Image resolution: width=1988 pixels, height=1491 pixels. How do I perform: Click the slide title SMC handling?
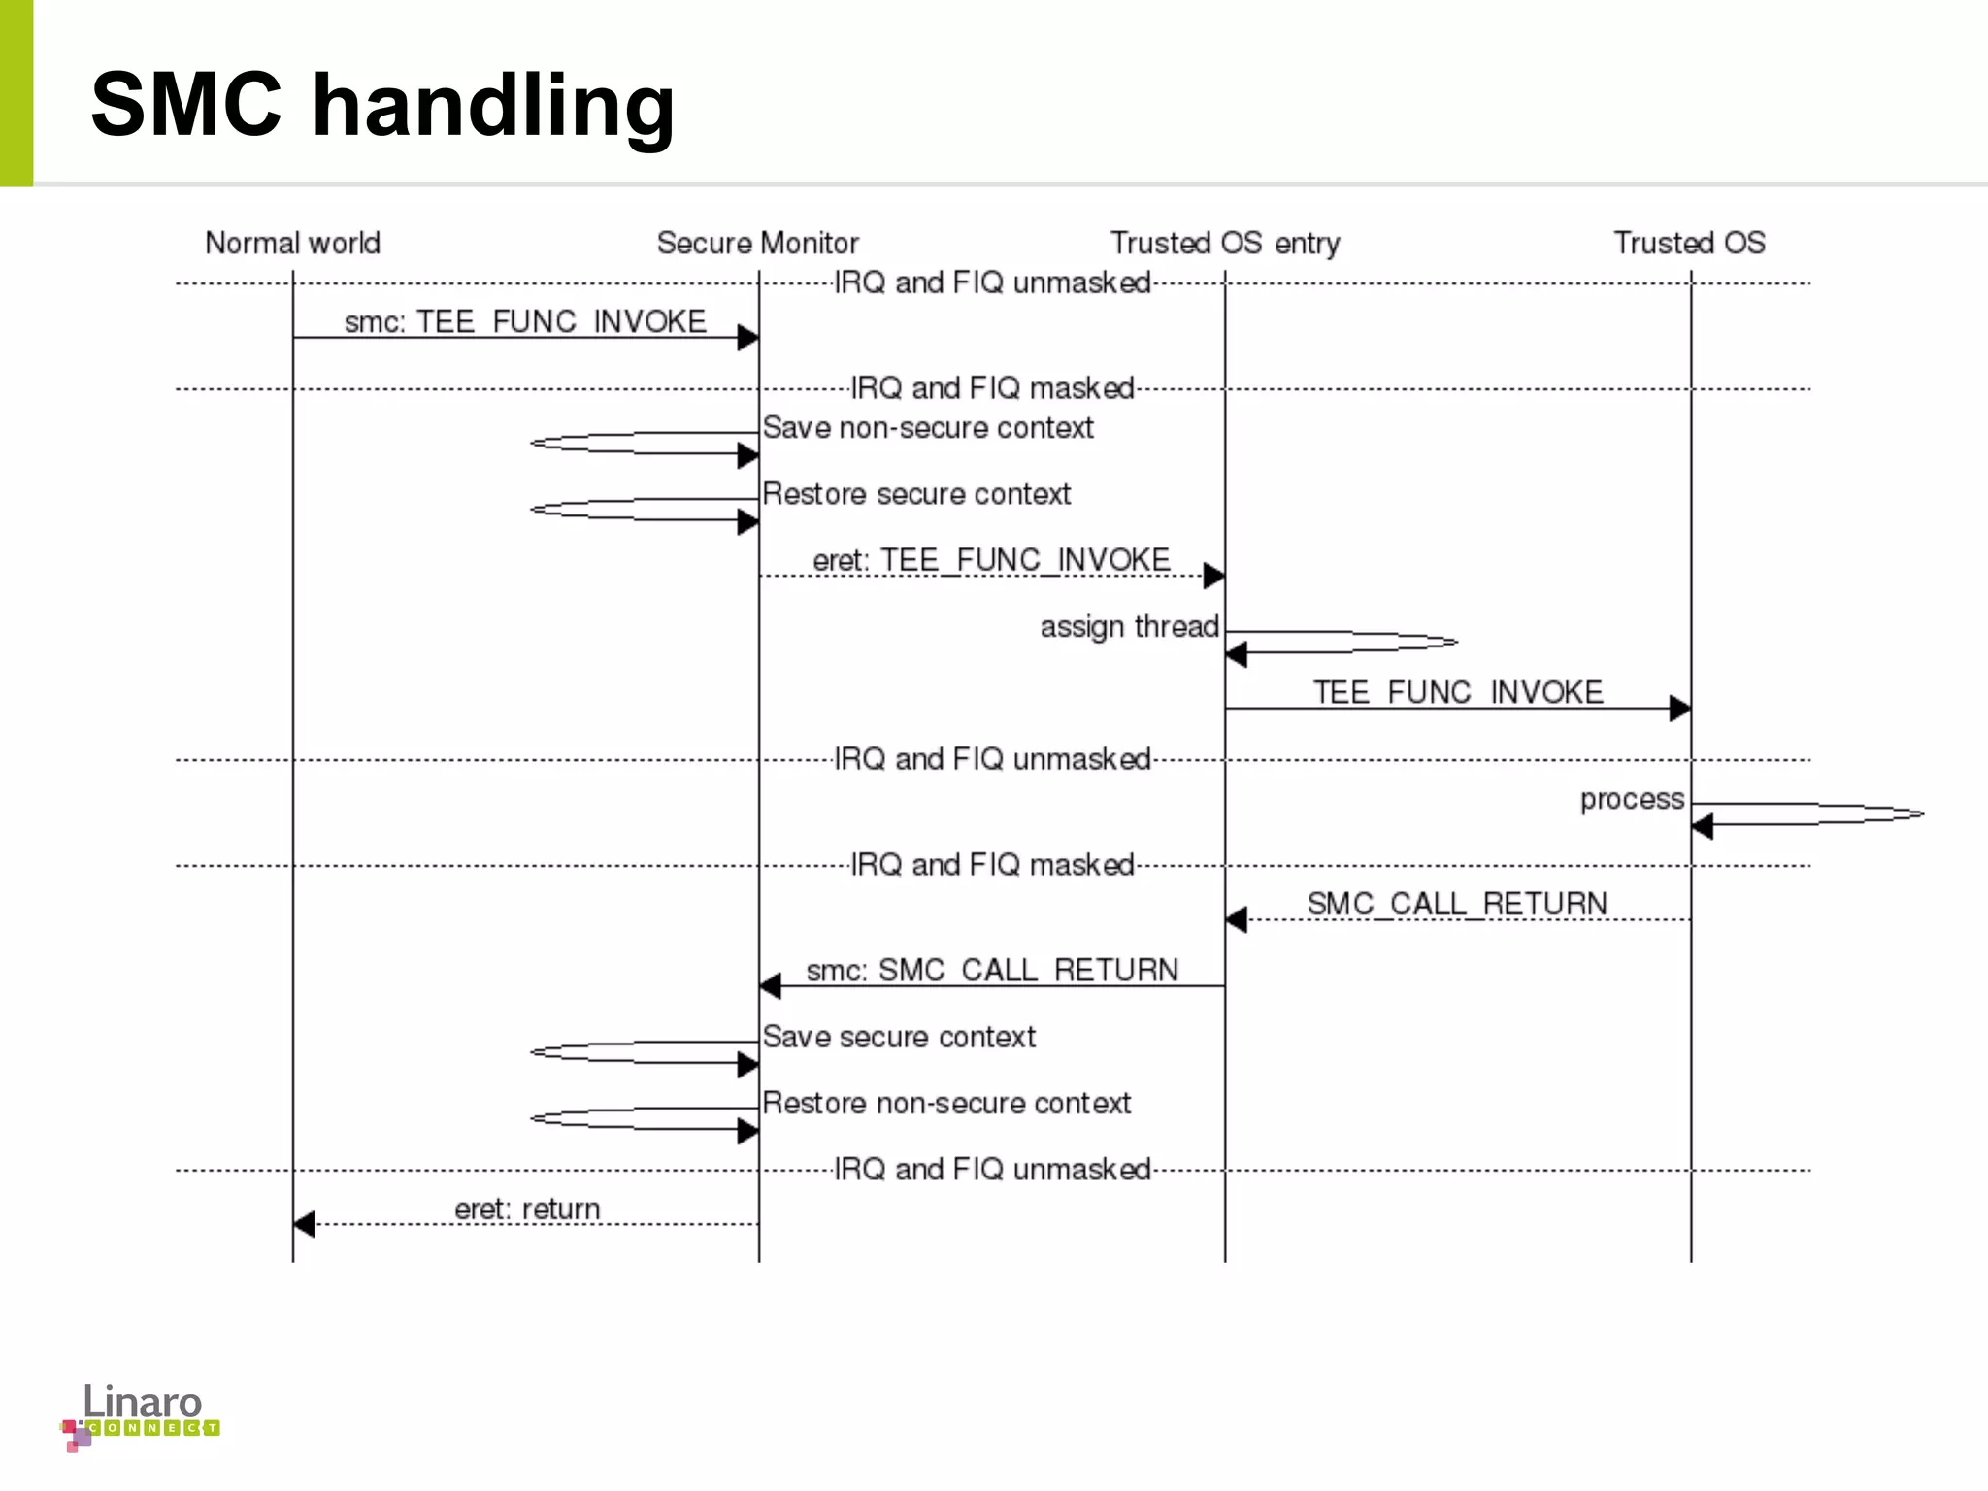[x=382, y=104]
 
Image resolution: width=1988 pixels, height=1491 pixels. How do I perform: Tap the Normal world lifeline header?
[x=292, y=243]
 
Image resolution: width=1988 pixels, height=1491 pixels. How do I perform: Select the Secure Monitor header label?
[x=757, y=243]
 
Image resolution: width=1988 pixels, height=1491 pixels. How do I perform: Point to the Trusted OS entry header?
[x=1224, y=243]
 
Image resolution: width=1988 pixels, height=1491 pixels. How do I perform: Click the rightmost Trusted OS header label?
[x=1689, y=243]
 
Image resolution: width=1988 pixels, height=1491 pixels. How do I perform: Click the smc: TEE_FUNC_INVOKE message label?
[x=525, y=321]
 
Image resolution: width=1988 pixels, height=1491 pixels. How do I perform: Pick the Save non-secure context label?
[x=928, y=427]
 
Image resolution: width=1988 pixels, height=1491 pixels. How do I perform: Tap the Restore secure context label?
[x=916, y=493]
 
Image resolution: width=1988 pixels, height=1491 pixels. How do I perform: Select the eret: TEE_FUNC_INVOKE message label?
[x=991, y=560]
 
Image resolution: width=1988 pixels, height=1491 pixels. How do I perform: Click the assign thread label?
[x=1129, y=626]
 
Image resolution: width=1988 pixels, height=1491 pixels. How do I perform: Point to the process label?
[x=1632, y=799]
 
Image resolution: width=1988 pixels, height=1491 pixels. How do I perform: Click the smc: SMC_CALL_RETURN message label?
[x=992, y=970]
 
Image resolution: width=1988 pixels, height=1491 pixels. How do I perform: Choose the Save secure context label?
[x=899, y=1036]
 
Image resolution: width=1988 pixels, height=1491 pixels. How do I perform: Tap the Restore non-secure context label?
[x=946, y=1103]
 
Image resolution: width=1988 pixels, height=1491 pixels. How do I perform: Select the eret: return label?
[x=527, y=1209]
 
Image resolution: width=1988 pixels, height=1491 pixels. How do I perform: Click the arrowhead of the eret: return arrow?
[x=304, y=1224]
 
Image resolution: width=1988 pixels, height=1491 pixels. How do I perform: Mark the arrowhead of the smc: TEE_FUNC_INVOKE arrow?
[x=747, y=338]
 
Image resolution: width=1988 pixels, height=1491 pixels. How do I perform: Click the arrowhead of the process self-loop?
[x=1702, y=826]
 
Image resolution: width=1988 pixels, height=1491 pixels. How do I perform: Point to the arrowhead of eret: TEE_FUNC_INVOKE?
[x=1213, y=576]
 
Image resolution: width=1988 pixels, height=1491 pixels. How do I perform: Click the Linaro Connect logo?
[x=141, y=1415]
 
